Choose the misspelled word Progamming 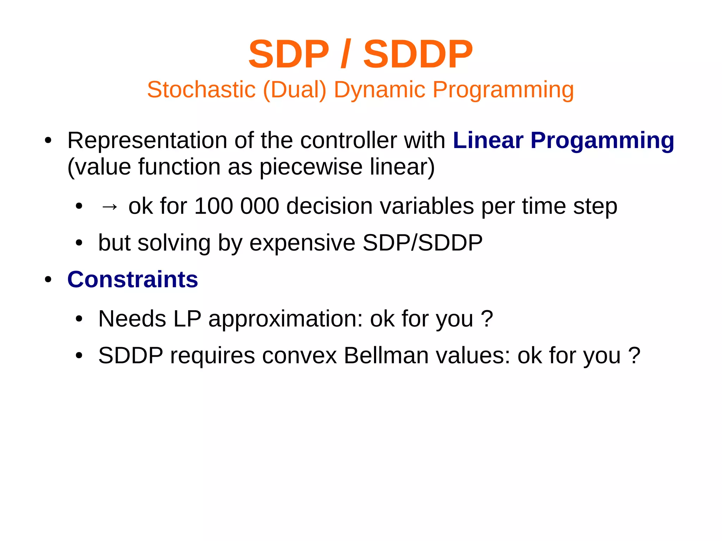(602, 140)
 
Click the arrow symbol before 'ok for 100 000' (109, 206)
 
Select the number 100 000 (237, 206)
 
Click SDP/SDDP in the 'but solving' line (422, 243)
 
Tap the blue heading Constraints (133, 279)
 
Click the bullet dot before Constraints (48, 280)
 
